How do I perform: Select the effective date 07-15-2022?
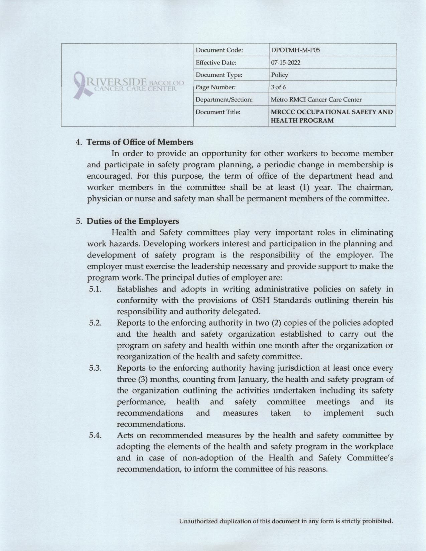tap(286, 62)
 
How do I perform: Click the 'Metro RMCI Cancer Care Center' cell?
tap(316, 100)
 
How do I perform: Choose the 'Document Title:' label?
tap(218, 112)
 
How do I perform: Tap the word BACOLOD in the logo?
tap(167, 82)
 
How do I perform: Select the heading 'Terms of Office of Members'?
tap(140, 142)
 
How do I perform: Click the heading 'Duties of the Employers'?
tap(133, 221)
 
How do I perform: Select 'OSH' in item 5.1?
tap(261, 300)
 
